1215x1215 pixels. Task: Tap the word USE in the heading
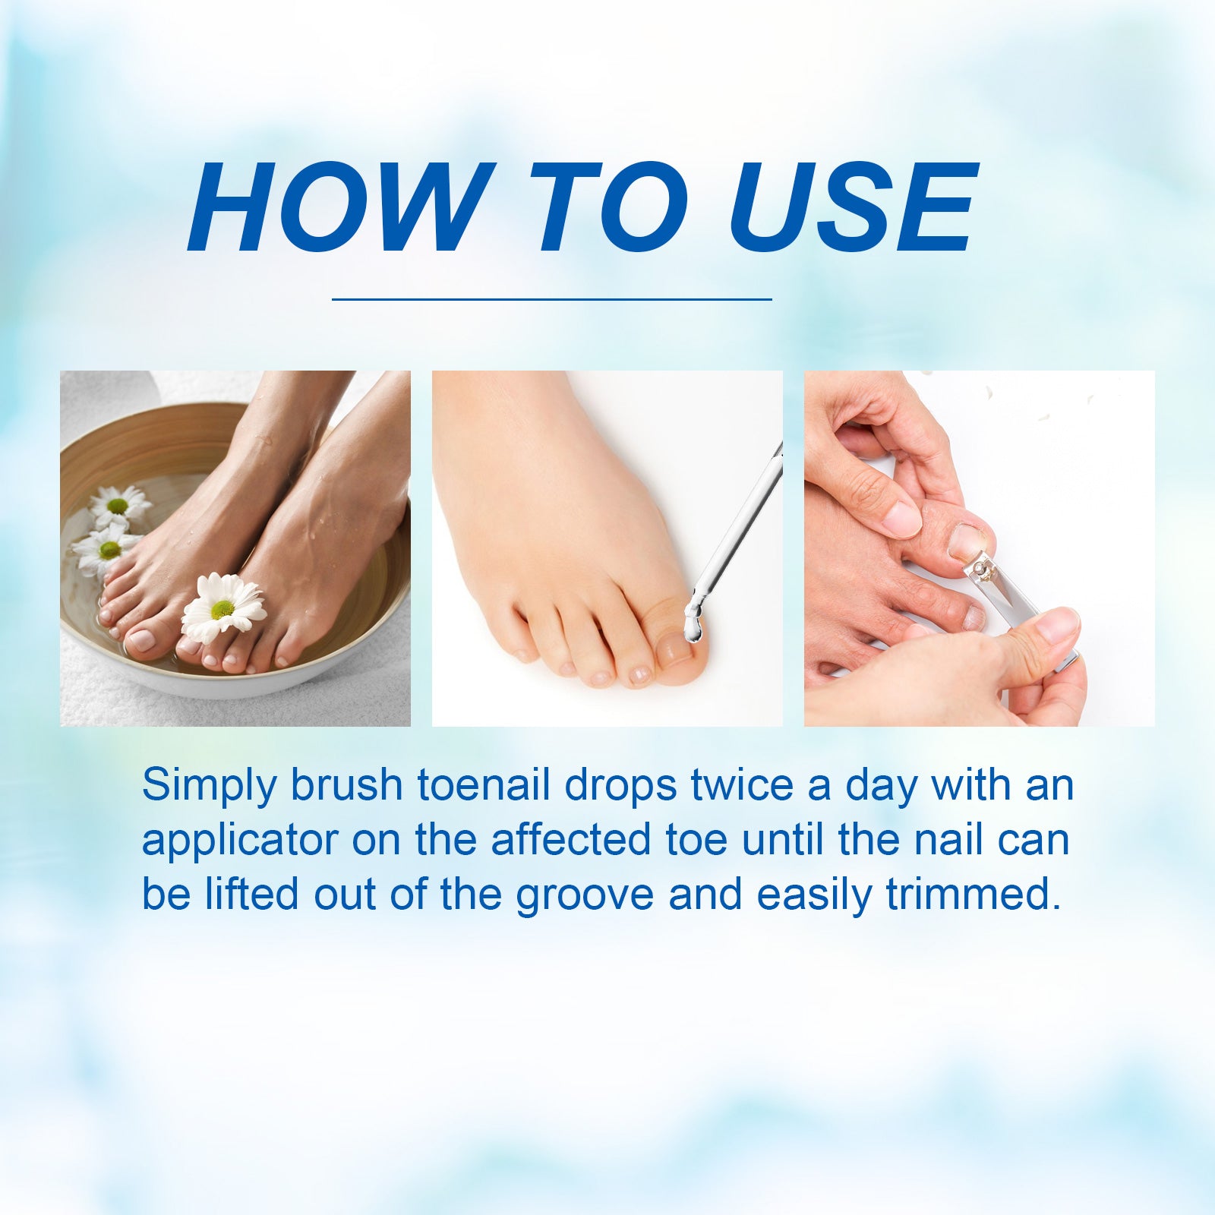[x=853, y=207]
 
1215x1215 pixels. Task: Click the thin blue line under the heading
[x=552, y=299]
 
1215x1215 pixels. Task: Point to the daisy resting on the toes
[x=222, y=607]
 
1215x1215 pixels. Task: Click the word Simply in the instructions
[x=210, y=787]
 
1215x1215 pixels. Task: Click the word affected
[x=571, y=840]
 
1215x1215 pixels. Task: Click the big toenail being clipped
[x=968, y=541]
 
